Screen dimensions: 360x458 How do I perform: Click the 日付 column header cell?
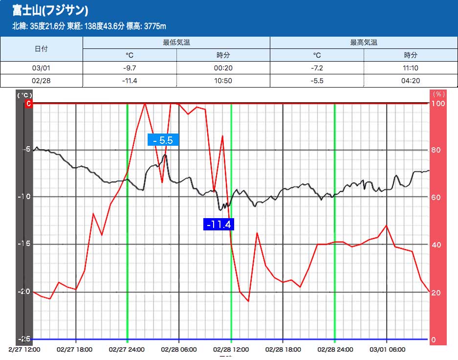coord(42,49)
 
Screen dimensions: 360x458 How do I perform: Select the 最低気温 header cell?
coord(176,43)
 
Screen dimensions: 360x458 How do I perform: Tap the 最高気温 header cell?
coord(363,43)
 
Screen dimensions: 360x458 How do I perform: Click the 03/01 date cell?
coord(42,68)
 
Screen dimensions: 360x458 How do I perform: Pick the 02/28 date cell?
coord(42,81)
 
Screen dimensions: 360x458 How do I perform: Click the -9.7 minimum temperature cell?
coord(130,68)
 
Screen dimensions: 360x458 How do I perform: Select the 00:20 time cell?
coord(223,68)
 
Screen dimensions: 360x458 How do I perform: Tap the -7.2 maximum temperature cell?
coord(317,68)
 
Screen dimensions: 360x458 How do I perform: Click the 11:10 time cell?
coord(411,68)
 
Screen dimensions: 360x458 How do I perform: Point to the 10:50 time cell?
coord(223,81)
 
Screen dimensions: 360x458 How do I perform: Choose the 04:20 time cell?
coord(411,81)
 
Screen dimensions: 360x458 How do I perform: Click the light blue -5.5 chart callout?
coord(163,140)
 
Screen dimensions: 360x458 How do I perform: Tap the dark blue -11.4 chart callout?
coord(218,225)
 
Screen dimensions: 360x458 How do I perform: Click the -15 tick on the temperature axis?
coord(24,244)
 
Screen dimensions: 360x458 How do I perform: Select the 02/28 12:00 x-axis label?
coord(231,350)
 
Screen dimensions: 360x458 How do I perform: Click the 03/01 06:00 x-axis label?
coord(387,350)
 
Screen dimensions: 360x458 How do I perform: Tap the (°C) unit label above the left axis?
coord(24,95)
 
